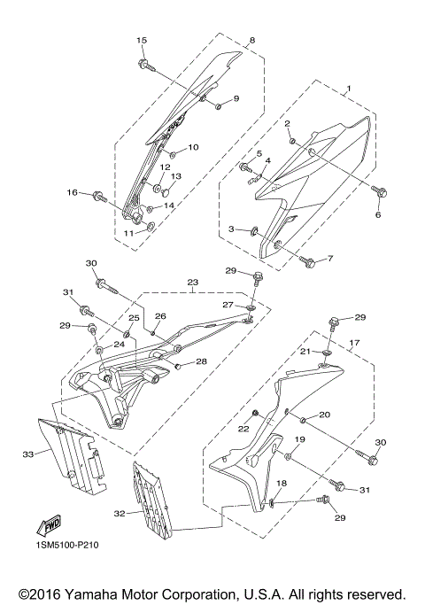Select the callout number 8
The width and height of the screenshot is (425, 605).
tap(251, 41)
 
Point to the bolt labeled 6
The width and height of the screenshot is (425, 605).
tap(380, 190)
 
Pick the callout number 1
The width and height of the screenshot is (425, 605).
tap(348, 89)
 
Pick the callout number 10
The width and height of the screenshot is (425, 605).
tap(192, 147)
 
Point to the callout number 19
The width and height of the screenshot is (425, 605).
tap(299, 439)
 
